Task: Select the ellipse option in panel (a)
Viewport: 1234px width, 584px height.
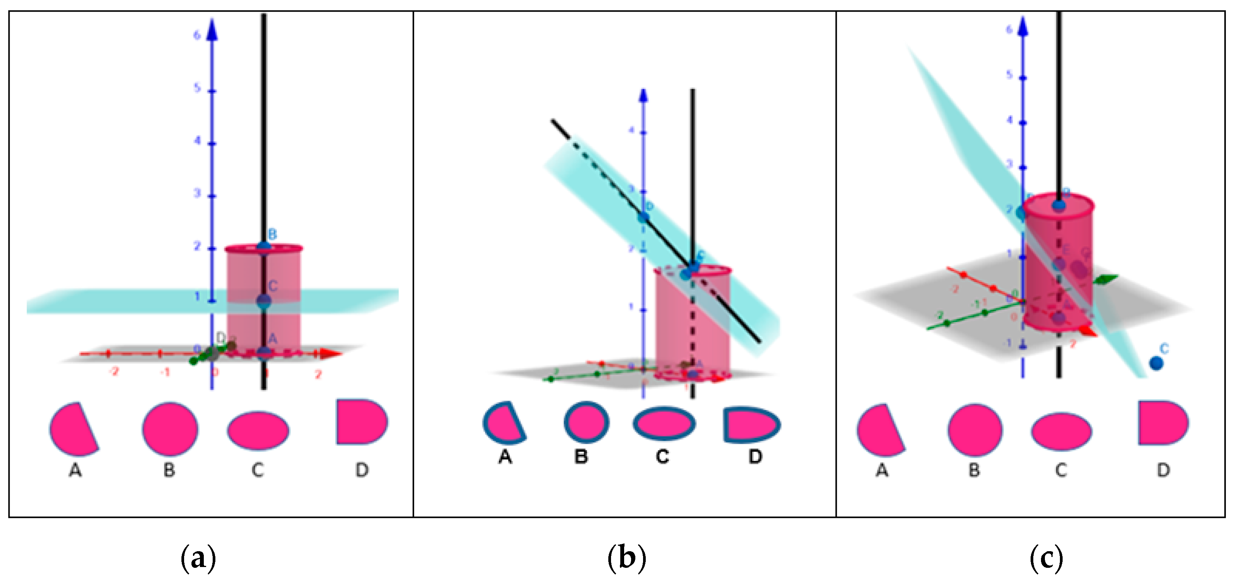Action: pyautogui.click(x=258, y=430)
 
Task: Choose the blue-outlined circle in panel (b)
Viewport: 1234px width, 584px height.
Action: pyautogui.click(x=586, y=422)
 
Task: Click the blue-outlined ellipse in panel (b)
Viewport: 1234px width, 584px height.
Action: pyautogui.click(x=664, y=423)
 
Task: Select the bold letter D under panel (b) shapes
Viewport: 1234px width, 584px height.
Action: pyautogui.click(x=755, y=457)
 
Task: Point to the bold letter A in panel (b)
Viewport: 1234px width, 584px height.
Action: pyautogui.click(x=505, y=457)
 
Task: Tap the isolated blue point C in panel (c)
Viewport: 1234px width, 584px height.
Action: pyautogui.click(x=1156, y=363)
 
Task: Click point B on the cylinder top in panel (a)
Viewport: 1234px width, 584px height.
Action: pyautogui.click(x=264, y=246)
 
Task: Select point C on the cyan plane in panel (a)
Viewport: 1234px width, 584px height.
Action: pyautogui.click(x=264, y=301)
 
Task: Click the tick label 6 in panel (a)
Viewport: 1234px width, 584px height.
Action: pyautogui.click(x=196, y=35)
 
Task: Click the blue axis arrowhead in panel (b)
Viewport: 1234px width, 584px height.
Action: pyautogui.click(x=643, y=95)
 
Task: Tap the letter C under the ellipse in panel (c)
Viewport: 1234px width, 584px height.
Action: pyautogui.click(x=1061, y=471)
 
